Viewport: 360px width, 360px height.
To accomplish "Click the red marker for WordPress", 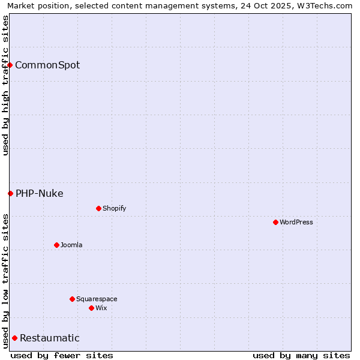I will pyautogui.click(x=275, y=222).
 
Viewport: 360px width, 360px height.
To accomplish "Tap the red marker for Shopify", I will pyautogui.click(x=98, y=208).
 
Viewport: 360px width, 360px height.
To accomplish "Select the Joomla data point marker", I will pyautogui.click(x=56, y=245).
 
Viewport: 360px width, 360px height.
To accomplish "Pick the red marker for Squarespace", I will pyautogui.click(x=72, y=299).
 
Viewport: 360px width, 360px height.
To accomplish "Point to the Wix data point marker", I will pyautogui.click(x=91, y=308).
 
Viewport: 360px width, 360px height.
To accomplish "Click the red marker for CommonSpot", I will pyautogui.click(x=10, y=65).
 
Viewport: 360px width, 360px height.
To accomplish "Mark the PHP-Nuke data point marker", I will pyautogui.click(x=10, y=193).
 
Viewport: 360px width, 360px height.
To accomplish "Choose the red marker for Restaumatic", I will pyautogui.click(x=14, y=338).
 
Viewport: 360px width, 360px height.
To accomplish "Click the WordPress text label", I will pyautogui.click(x=296, y=222).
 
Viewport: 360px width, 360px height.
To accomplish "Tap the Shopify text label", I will pyautogui.click(x=114, y=208).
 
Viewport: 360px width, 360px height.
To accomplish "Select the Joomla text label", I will pyautogui.click(x=71, y=245).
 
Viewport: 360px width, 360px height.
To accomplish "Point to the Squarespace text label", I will pyautogui.click(x=97, y=299).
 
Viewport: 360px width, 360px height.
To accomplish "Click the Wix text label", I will pyautogui.click(x=101, y=308).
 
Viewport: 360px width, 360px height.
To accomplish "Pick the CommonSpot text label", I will pyautogui.click(x=47, y=65).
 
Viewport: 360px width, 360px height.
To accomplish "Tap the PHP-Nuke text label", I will pyautogui.click(x=40, y=193).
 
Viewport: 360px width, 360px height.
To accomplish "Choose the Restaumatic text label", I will pyautogui.click(x=50, y=338).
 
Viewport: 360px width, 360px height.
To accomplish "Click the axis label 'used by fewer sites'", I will pyautogui.click(x=62, y=355).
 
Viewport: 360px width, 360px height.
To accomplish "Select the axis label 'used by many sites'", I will pyautogui.click(x=301, y=355).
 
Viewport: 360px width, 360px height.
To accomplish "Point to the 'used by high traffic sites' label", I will pyautogui.click(x=5, y=85).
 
